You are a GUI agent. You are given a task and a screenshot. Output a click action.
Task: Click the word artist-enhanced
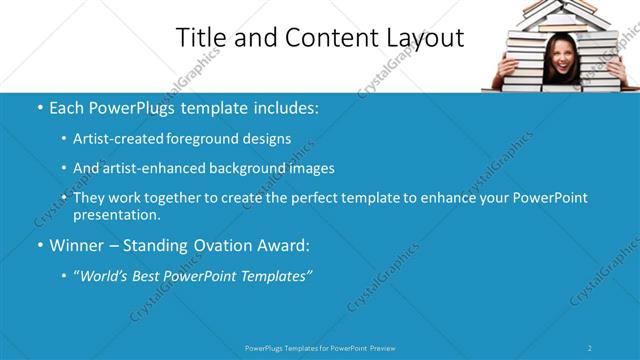coord(152,168)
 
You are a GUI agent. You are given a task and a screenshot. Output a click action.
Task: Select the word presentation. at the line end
coord(117,215)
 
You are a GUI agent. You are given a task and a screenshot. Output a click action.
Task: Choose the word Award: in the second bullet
coord(283,245)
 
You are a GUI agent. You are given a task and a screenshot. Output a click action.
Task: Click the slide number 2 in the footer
coord(590,348)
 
